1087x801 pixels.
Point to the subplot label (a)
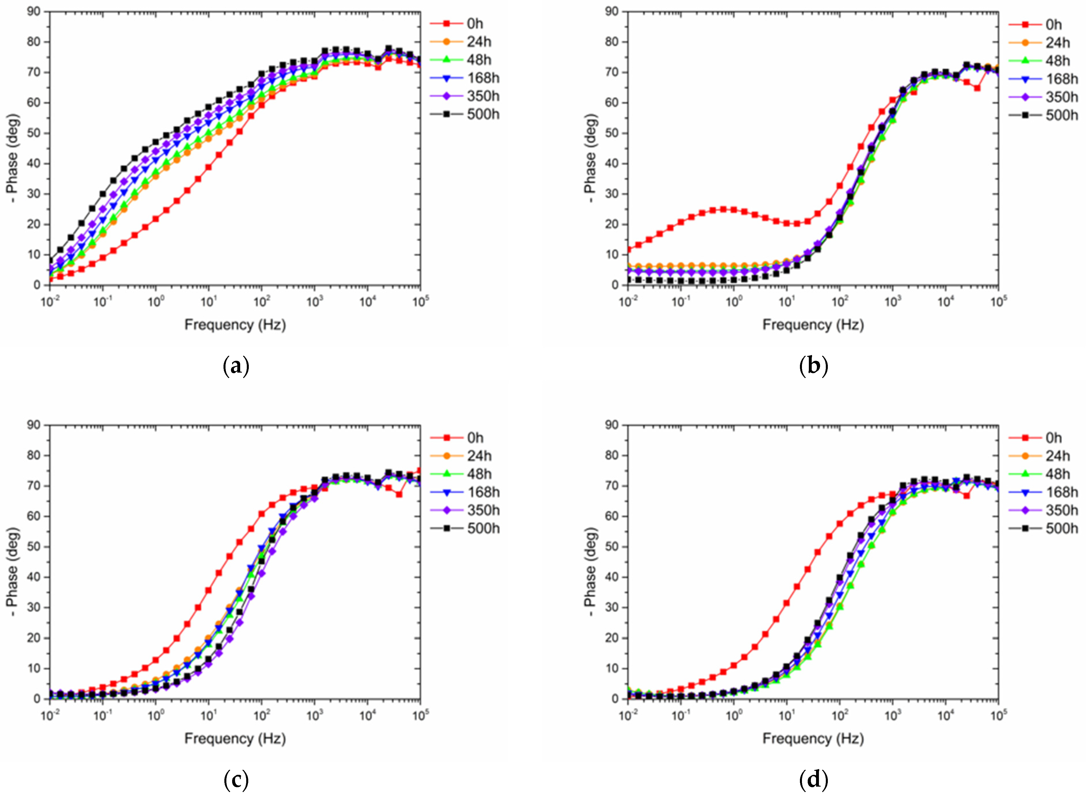point(236,366)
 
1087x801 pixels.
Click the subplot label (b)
point(814,366)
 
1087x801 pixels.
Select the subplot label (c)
point(236,780)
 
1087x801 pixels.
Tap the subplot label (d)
point(814,780)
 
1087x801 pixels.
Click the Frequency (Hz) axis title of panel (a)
point(235,324)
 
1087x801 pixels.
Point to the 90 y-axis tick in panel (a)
point(34,11)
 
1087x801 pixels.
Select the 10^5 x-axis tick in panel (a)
point(421,302)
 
